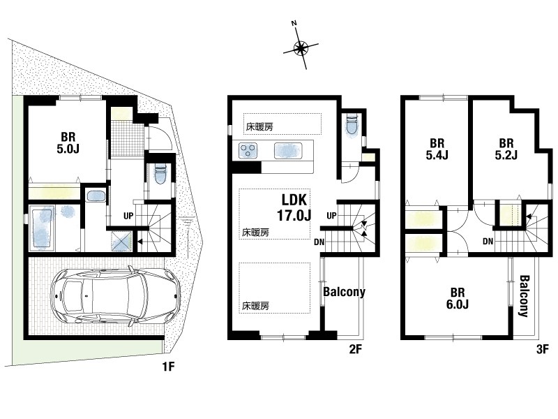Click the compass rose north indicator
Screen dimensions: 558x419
(x=301, y=47)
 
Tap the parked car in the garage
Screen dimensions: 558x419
(x=116, y=296)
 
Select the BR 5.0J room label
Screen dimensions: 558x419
(x=68, y=143)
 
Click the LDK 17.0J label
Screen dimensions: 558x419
(x=294, y=207)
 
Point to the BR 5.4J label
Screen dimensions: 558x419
(x=437, y=149)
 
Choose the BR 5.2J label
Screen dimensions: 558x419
(x=506, y=149)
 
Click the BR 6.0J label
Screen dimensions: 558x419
(x=458, y=298)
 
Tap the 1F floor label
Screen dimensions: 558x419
(x=168, y=366)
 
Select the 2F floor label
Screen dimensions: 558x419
(x=355, y=349)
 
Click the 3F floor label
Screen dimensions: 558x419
(x=543, y=349)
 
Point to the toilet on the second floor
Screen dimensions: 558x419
(x=352, y=125)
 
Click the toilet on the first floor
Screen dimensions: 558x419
(x=160, y=175)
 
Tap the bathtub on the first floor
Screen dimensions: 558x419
(x=43, y=228)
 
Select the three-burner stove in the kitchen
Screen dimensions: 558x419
(x=248, y=150)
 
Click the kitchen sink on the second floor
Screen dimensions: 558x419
(x=288, y=150)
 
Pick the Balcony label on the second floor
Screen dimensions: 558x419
(x=344, y=292)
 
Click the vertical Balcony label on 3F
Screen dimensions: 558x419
(x=523, y=295)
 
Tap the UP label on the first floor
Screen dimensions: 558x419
(x=128, y=216)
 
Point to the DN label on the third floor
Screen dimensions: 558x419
(x=488, y=242)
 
